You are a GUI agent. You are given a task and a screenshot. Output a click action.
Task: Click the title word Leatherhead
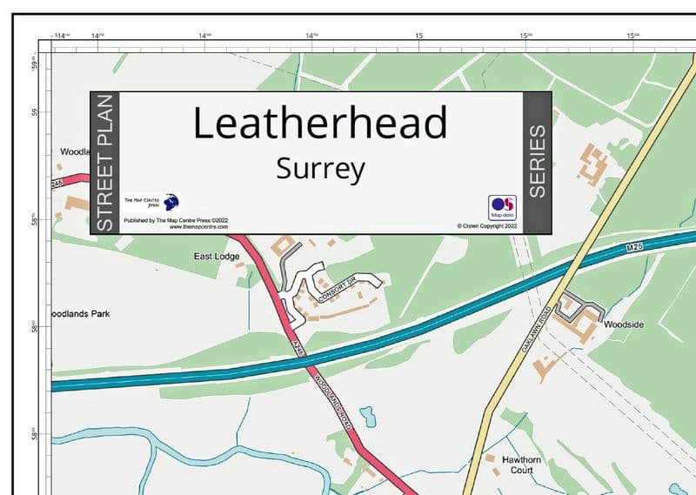pyautogui.click(x=319, y=123)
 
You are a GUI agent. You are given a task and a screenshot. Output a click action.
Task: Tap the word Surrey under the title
pyautogui.click(x=319, y=168)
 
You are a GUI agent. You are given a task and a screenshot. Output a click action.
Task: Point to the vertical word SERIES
pyautogui.click(x=538, y=162)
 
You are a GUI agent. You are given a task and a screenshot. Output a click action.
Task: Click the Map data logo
pyautogui.click(x=502, y=206)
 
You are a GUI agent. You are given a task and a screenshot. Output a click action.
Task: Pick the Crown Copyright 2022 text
pyautogui.click(x=487, y=225)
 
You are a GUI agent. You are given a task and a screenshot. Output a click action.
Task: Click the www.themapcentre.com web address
pyautogui.click(x=181, y=227)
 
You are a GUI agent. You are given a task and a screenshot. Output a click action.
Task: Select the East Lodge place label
pyautogui.click(x=216, y=257)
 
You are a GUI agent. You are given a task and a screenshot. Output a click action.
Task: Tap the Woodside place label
pyautogui.click(x=624, y=324)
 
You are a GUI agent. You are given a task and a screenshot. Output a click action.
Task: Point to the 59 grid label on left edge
pyautogui.click(x=36, y=111)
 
